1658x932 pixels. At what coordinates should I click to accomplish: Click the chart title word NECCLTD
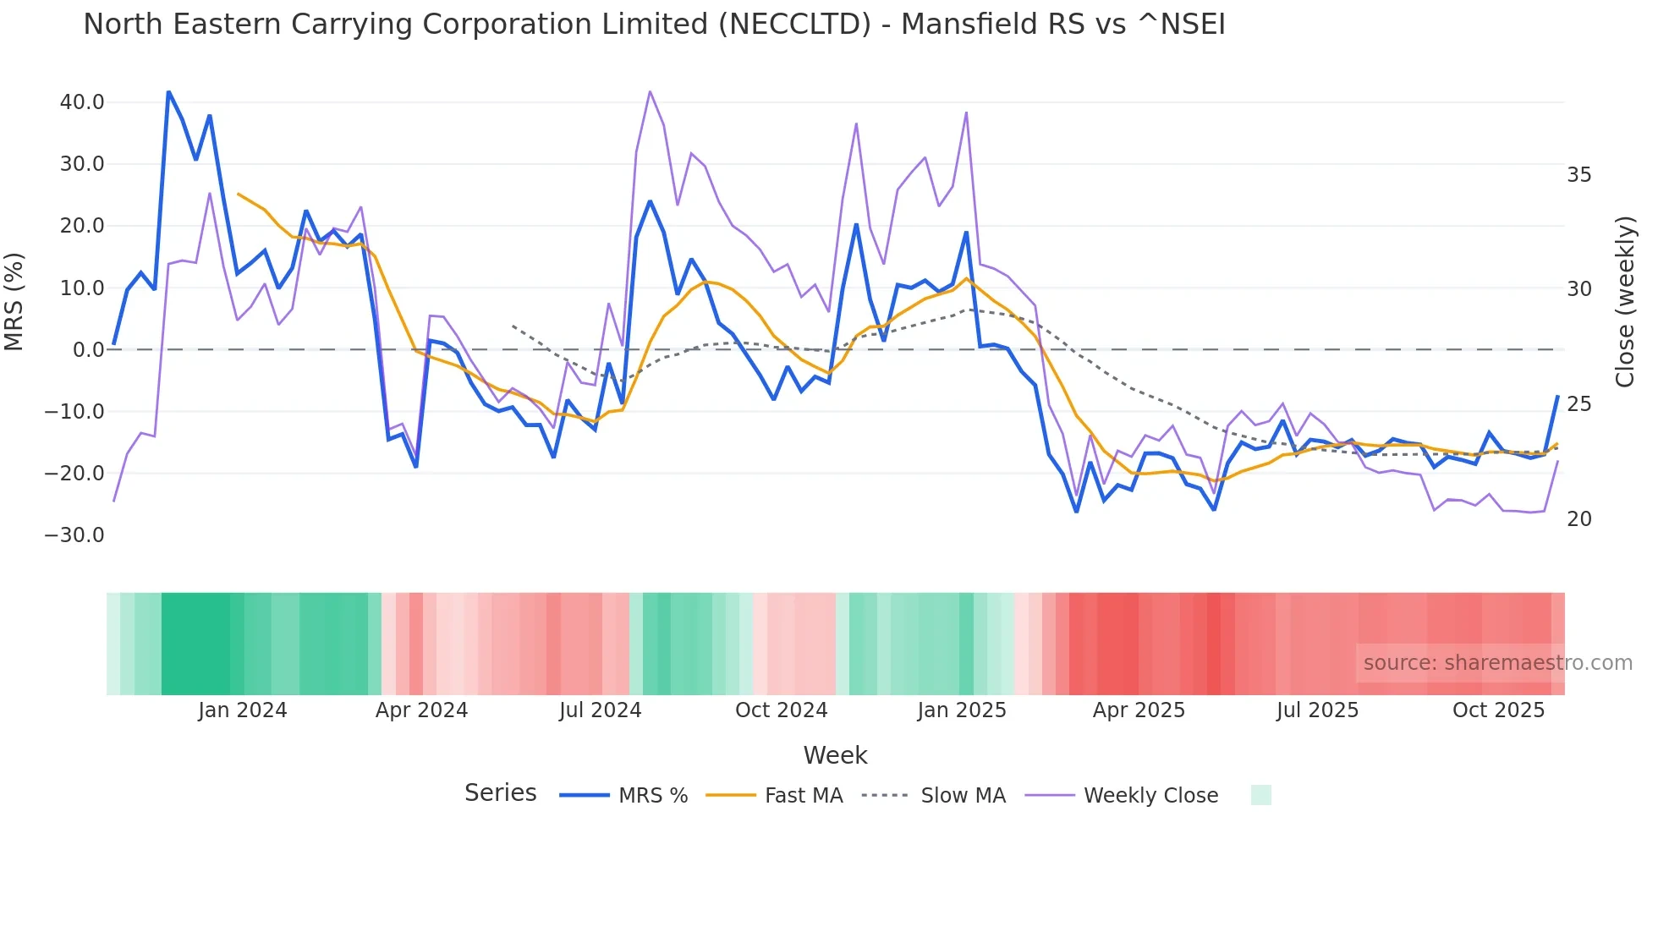[x=794, y=25]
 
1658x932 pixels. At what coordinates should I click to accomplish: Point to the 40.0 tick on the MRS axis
[x=82, y=102]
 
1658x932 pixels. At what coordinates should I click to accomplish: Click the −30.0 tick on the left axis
[x=74, y=535]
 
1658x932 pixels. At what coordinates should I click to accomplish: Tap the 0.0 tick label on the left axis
[x=89, y=350]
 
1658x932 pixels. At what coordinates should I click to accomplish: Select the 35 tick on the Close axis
[x=1578, y=175]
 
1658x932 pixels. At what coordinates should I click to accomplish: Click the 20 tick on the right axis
[x=1578, y=519]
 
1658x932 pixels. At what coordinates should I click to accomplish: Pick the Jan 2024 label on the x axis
[x=243, y=710]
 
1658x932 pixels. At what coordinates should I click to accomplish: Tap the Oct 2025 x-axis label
[x=1498, y=710]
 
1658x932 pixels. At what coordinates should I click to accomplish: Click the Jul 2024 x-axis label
[x=600, y=710]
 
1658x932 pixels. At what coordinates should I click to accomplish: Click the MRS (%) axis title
[x=14, y=301]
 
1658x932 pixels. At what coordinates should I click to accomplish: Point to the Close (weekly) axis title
[x=1625, y=301]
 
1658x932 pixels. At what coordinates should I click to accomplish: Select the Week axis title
[x=835, y=755]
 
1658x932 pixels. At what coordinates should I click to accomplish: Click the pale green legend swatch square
[x=1260, y=795]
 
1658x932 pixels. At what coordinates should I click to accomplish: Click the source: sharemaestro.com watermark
[x=1497, y=663]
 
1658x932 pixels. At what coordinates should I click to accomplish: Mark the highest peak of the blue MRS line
[x=168, y=91]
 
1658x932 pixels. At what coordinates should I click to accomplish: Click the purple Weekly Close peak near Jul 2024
[x=650, y=91]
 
